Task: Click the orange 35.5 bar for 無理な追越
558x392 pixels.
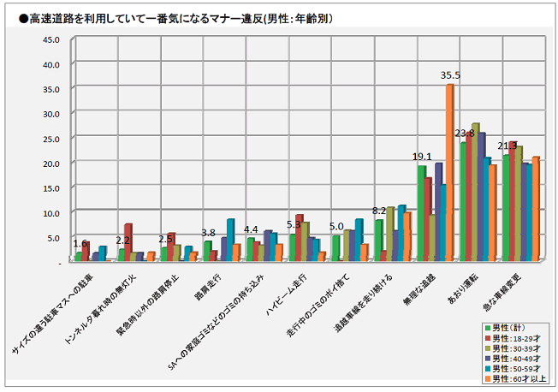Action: [x=449, y=171]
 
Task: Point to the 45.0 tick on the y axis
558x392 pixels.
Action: [x=49, y=39]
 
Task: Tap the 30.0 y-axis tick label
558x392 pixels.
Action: [x=49, y=114]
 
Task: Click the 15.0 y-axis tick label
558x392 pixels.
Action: [x=49, y=187]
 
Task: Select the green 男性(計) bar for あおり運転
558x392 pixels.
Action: [x=463, y=200]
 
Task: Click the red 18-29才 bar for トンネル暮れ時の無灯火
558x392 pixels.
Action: [x=128, y=241]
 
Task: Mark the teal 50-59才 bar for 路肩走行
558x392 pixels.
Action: [x=230, y=239]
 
